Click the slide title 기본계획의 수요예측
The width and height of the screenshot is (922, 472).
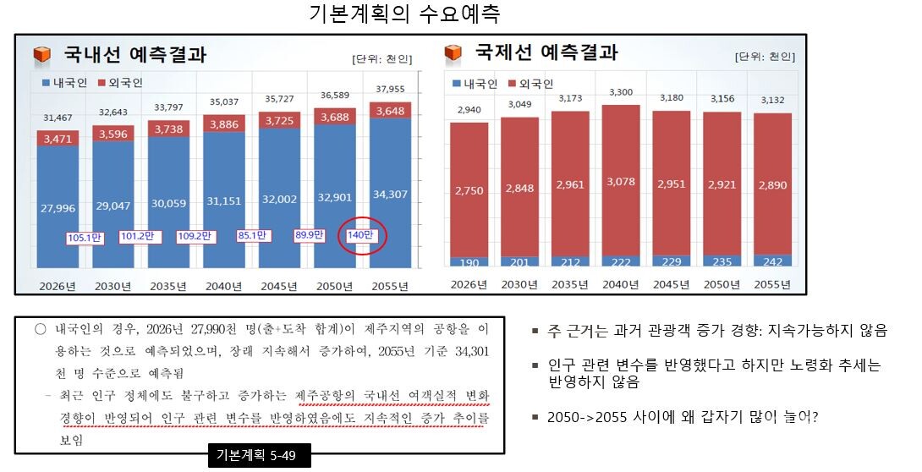[x=405, y=14]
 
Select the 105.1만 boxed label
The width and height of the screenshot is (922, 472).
[x=85, y=238]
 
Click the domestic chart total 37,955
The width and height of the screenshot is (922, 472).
[x=390, y=89]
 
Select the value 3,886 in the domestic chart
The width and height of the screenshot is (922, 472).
[x=224, y=123]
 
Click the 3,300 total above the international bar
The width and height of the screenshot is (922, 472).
[x=620, y=91]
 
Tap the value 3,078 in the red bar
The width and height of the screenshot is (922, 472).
[x=620, y=183]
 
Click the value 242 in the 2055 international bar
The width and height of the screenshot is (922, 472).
[x=771, y=261]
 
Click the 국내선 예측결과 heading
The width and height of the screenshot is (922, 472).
[x=134, y=56]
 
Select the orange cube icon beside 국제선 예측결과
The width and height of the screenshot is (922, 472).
[x=453, y=53]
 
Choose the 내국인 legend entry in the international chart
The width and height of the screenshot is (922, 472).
[x=479, y=83]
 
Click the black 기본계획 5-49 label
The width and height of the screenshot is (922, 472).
[x=259, y=457]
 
